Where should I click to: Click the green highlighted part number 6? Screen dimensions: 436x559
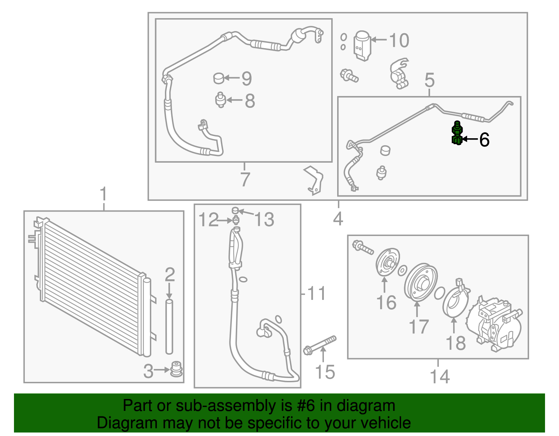click(457, 134)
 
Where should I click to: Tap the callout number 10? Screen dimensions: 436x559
click(399, 40)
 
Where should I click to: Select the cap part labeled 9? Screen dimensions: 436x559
click(219, 78)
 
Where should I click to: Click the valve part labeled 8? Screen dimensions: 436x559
click(220, 100)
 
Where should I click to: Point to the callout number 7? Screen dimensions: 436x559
click(245, 179)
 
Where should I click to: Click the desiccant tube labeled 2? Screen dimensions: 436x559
click(169, 326)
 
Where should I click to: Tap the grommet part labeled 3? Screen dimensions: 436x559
click(176, 370)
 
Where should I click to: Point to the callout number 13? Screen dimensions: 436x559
click(264, 220)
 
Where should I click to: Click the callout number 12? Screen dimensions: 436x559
click(208, 220)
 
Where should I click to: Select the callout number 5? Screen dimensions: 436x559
click(429, 80)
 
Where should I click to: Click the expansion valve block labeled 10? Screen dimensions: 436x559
click(362, 46)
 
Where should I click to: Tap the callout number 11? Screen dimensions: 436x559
click(316, 293)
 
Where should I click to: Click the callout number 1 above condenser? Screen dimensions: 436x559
click(103, 194)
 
